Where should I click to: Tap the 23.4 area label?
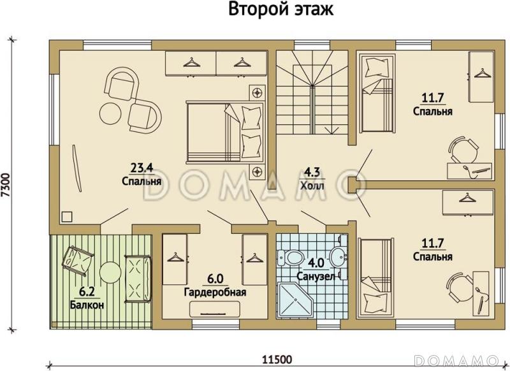coord(141,168)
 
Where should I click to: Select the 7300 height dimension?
coord(6,185)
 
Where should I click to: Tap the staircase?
coord(311,96)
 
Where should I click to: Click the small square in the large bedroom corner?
coord(66,216)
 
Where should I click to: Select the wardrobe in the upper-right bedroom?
coord(481,76)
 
